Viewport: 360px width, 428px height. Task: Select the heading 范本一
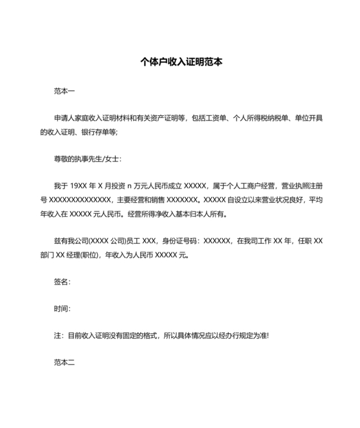[x=64, y=92]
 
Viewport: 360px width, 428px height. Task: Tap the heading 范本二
[x=64, y=363]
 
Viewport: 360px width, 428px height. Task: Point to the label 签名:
[x=62, y=282]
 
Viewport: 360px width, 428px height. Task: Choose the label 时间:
[x=62, y=309]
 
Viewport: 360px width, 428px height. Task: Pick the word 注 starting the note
[x=57, y=336]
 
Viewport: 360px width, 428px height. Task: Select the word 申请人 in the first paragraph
[x=65, y=118]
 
